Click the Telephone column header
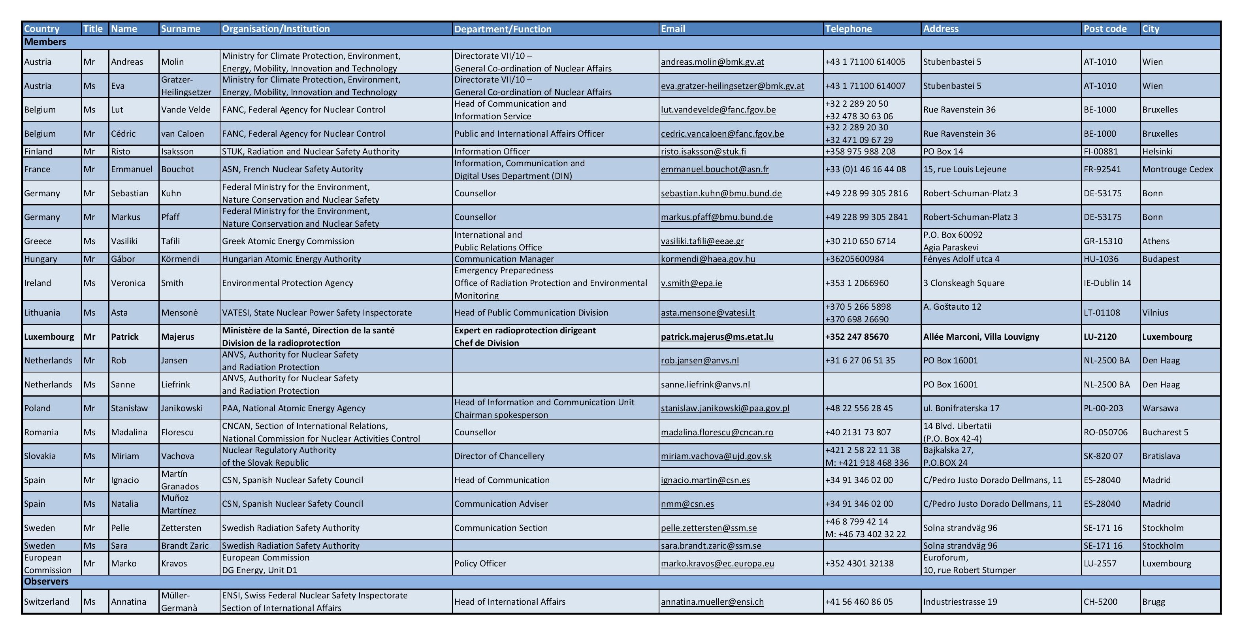coord(848,28)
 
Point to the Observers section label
coord(46,581)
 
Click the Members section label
coord(45,42)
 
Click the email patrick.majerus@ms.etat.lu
coord(717,337)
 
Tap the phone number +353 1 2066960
coord(857,283)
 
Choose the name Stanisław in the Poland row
coord(129,408)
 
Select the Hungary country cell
coord(41,259)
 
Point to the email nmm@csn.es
coord(687,504)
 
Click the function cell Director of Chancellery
coord(499,456)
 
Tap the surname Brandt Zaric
coord(185,545)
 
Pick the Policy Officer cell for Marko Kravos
coord(480,564)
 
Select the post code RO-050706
coord(1106,432)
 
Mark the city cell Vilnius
coord(1155,312)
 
